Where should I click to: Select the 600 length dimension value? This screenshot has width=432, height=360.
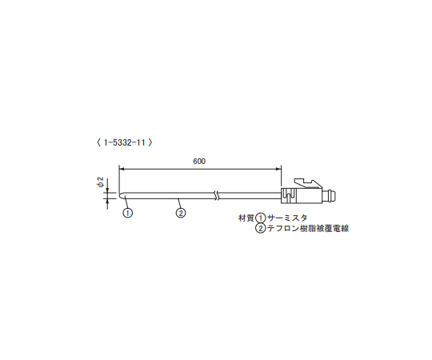pyautogui.click(x=199, y=162)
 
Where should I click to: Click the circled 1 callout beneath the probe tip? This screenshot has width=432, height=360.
pyautogui.click(x=127, y=213)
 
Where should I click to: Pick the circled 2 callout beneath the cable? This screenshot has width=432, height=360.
pyautogui.click(x=181, y=213)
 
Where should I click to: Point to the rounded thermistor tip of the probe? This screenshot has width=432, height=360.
pyautogui.click(x=122, y=194)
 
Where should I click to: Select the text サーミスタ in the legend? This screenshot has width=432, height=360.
pyautogui.click(x=286, y=218)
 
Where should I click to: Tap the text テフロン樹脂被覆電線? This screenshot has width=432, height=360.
pyautogui.click(x=308, y=229)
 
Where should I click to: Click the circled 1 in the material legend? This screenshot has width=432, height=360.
pyautogui.click(x=260, y=218)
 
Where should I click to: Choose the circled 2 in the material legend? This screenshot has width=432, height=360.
pyautogui.click(x=260, y=229)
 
